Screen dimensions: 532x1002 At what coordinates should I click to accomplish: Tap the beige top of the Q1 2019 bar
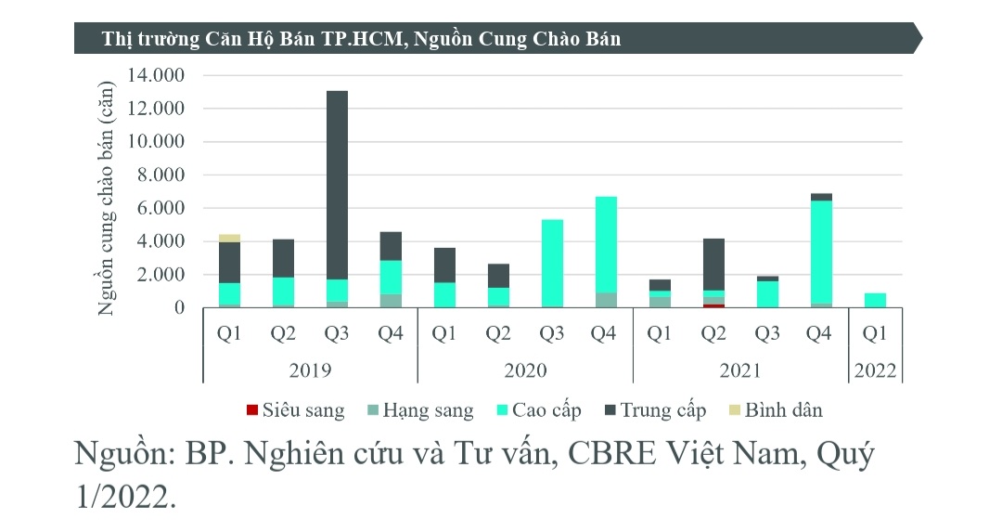pos(229,239)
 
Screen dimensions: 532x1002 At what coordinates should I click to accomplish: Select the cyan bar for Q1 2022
pos(875,300)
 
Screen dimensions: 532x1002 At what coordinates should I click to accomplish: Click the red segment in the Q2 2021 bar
pos(713,305)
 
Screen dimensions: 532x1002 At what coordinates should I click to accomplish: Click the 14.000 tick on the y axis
pos(164,75)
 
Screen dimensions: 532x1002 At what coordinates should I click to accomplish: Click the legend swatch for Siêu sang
pos(251,410)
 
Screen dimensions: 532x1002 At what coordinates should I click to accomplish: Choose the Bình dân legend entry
pos(783,410)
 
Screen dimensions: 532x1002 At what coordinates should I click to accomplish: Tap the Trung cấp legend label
pos(662,410)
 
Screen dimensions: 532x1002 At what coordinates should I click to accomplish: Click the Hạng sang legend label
pos(428,410)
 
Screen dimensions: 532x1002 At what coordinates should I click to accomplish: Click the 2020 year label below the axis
pos(525,370)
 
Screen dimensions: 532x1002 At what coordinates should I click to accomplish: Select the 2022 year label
pos(875,370)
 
